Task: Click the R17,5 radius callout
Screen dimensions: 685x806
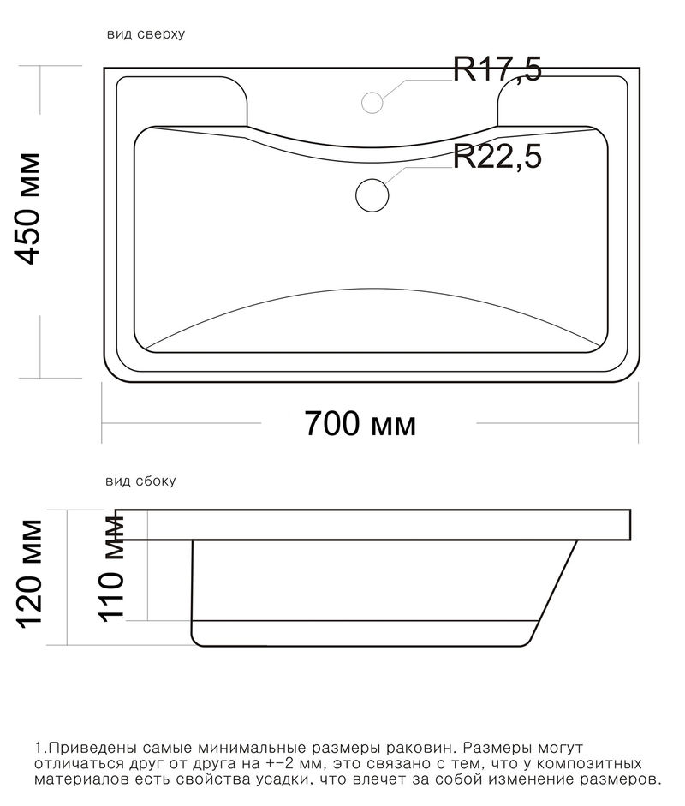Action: (497, 69)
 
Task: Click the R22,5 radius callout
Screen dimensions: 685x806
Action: (497, 156)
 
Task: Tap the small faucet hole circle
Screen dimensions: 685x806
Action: (372, 102)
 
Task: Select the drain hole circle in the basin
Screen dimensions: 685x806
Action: (372, 194)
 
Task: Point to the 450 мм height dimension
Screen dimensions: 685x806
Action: (27, 208)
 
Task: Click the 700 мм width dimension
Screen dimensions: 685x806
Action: (360, 424)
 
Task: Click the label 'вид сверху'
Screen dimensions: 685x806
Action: (146, 34)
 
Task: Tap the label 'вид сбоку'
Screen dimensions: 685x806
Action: (140, 481)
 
